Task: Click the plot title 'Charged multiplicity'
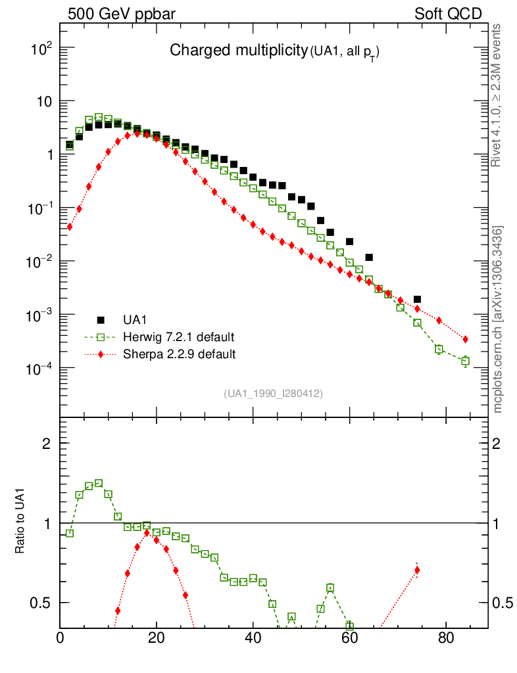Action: pyautogui.click(x=239, y=51)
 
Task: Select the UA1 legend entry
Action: pyautogui.click(x=135, y=320)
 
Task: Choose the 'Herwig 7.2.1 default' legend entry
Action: pyautogui.click(x=178, y=337)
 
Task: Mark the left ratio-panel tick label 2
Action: pyautogui.click(x=47, y=443)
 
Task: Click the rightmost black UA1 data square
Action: pyautogui.click(x=417, y=299)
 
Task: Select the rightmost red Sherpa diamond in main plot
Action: pyautogui.click(x=465, y=339)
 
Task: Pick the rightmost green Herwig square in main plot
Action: pyautogui.click(x=465, y=361)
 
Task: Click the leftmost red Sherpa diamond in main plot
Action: pyautogui.click(x=69, y=227)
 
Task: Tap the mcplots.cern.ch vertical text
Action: pyautogui.click(x=498, y=319)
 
